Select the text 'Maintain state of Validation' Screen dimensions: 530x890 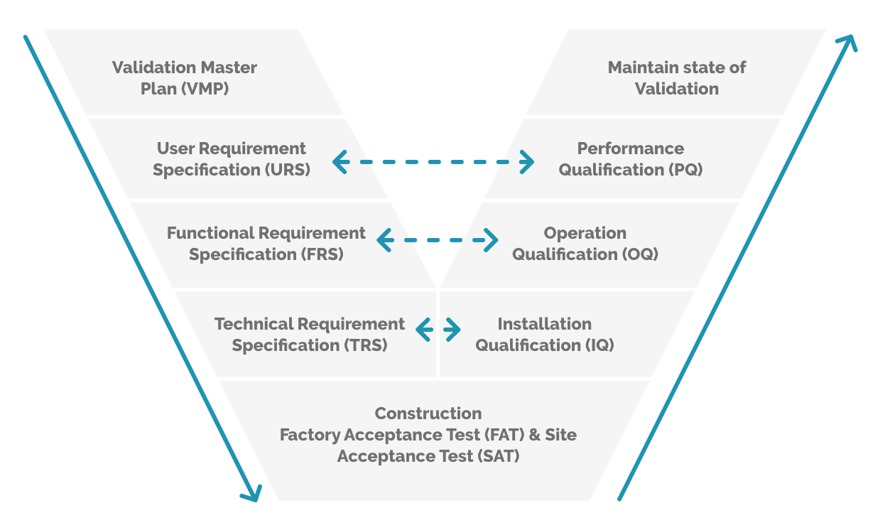676,78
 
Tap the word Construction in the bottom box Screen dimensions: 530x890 428,413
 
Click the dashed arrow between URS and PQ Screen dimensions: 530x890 433,162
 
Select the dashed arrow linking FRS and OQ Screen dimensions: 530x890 437,240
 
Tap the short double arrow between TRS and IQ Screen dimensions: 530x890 438,330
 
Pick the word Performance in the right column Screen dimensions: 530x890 630,148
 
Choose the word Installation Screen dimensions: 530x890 544,324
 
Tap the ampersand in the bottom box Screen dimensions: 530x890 535,435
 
